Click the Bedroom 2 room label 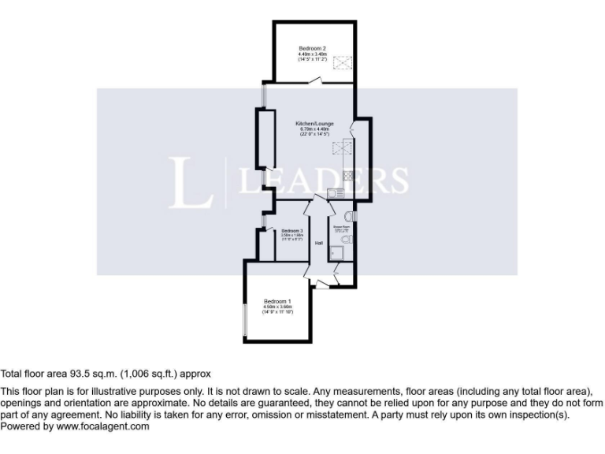coord(312,49)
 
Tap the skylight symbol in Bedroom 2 coord(343,63)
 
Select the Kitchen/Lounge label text coord(314,124)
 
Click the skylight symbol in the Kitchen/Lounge coord(343,147)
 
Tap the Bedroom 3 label coord(292,230)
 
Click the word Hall coord(319,243)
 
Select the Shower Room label coord(341,227)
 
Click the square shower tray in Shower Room coord(338,252)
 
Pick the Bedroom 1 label coord(277,302)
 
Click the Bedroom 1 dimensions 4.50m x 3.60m coord(277,307)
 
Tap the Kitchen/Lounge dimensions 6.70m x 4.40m coord(314,129)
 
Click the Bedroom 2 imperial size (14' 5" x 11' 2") coord(312,60)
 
